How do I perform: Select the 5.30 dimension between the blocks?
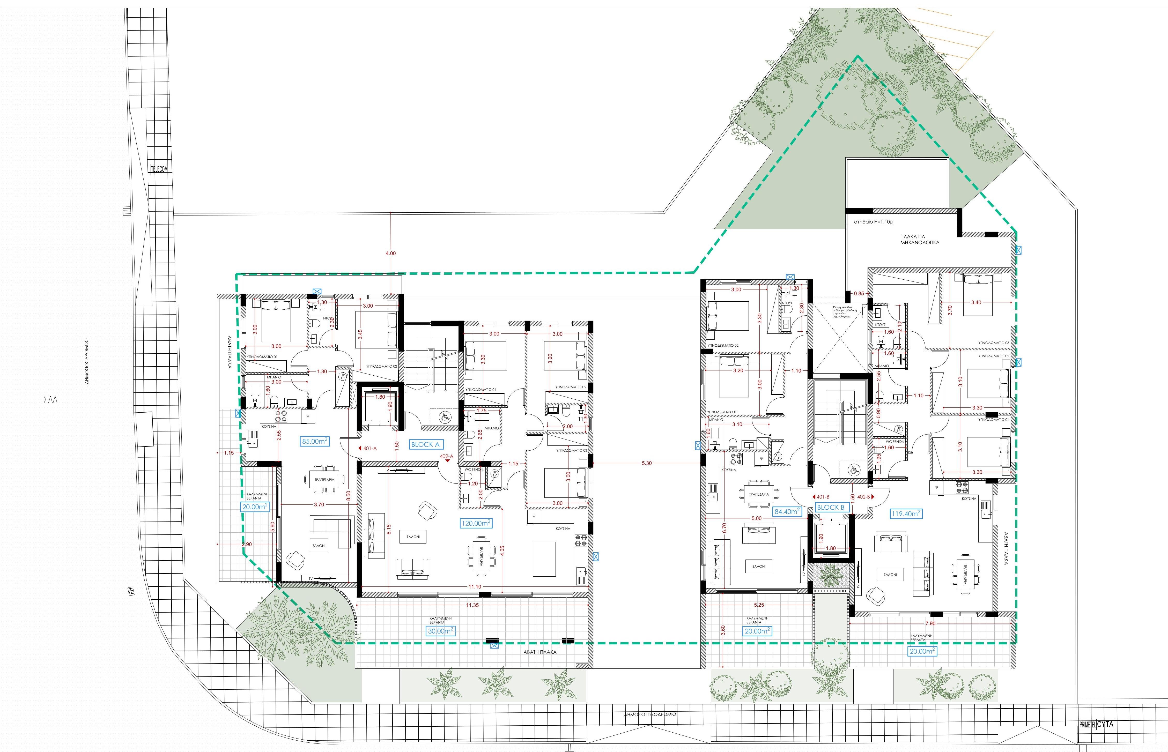coord(647,463)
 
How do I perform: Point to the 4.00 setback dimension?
coord(391,254)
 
